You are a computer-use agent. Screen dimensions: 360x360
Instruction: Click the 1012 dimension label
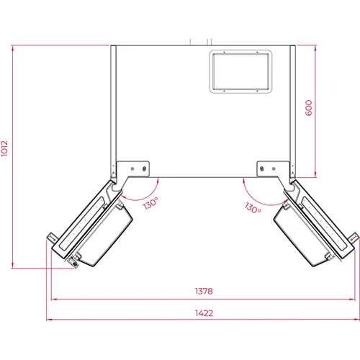(4, 148)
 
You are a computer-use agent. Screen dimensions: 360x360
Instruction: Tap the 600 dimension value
(309, 108)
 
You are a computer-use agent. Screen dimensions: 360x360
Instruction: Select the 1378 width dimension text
(204, 291)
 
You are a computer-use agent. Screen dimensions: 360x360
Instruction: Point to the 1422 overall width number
(204, 313)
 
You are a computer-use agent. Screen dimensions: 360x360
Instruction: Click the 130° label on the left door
(150, 204)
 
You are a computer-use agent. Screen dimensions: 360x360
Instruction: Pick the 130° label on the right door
(253, 208)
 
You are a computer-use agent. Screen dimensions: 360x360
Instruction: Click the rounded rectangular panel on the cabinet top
(240, 71)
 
